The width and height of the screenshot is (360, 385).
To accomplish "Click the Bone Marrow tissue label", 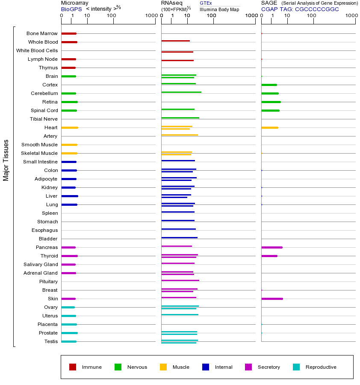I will [42, 33].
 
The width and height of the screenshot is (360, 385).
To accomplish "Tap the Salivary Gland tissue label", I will [41, 264].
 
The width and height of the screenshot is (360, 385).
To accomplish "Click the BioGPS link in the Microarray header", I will [71, 9].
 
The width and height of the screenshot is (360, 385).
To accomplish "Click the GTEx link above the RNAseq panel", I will [206, 3].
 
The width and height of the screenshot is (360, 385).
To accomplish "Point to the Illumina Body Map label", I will [219, 9].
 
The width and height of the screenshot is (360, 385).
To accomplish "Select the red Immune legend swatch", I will [73, 367].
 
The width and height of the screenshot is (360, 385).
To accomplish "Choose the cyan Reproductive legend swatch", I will [296, 367].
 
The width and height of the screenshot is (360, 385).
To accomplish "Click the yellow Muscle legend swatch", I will [163, 367].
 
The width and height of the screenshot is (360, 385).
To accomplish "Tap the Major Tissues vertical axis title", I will [6, 160].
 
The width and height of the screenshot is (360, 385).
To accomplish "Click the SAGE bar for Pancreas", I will [272, 247].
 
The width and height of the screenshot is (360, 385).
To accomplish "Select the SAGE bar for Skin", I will [272, 299].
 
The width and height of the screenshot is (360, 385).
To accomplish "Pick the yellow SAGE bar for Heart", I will [270, 127].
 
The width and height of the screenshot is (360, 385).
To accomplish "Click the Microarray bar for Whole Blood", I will [69, 42].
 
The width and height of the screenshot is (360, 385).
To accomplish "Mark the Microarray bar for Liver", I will [70, 196].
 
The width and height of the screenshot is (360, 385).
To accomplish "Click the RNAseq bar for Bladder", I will [180, 237].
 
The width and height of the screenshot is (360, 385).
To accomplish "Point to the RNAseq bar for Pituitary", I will [180, 280].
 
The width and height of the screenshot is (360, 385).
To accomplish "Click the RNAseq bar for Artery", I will [180, 135].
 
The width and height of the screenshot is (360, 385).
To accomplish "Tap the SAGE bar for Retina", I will [271, 102].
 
